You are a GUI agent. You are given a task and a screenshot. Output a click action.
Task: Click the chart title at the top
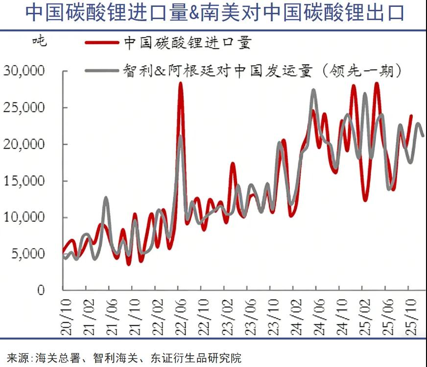(214, 13)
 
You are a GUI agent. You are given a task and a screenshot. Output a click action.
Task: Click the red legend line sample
(102, 43)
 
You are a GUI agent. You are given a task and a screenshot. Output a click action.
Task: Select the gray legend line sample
(102, 71)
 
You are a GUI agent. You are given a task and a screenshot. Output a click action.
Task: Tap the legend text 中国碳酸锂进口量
(188, 43)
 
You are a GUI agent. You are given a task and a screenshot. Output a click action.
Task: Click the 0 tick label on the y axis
(41, 290)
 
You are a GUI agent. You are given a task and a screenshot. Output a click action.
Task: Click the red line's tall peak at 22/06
(180, 83)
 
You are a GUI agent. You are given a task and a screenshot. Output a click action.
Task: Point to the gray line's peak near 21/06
(106, 198)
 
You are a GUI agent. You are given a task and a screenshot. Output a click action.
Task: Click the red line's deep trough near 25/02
(365, 200)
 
